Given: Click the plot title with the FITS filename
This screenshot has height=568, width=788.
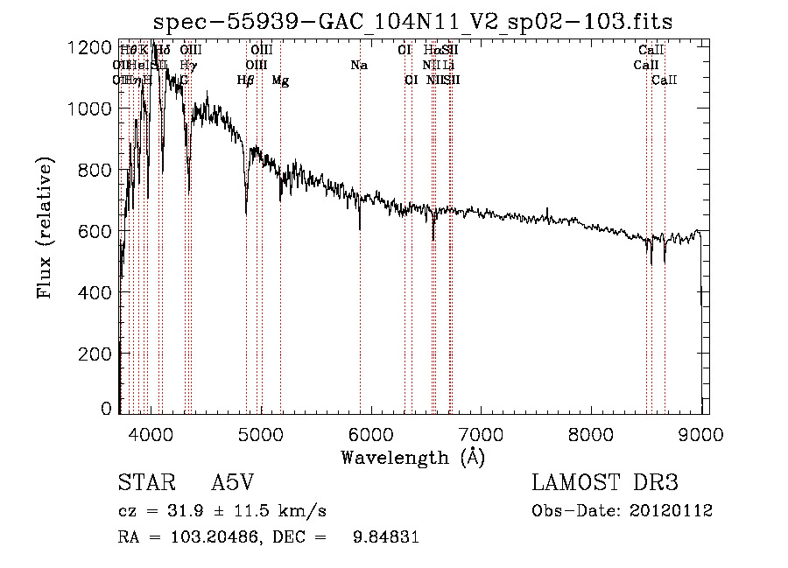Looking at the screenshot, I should point(412,22).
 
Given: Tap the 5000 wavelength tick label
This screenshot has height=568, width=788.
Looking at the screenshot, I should point(261,432).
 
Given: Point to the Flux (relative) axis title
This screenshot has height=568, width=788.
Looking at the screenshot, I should point(45,228).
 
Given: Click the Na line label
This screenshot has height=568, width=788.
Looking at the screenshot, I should point(359,66).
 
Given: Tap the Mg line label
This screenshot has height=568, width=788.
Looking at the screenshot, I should point(280,81).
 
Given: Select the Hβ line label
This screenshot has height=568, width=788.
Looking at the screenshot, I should point(246,81).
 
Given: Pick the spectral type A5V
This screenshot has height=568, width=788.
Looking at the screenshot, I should point(232,484).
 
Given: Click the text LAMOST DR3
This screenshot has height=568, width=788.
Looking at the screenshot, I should point(605,484).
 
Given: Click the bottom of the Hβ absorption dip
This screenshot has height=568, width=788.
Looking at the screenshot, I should point(246,213).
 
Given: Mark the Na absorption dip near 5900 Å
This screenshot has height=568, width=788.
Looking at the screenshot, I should point(360,229).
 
